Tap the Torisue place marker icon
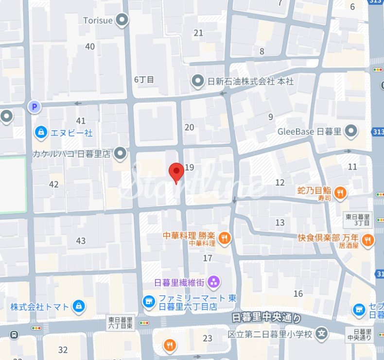[123, 20]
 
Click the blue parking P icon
[34, 106]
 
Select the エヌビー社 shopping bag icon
[41, 132]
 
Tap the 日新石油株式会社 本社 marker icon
[197, 82]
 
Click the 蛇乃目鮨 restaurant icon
[341, 192]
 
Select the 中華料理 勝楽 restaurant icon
[224, 238]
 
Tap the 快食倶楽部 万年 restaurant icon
[368, 239]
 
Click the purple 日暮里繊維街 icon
[213, 281]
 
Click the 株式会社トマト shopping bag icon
[78, 306]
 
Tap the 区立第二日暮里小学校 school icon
[321, 334]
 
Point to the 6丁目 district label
[144, 79]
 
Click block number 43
[81, 240]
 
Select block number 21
[198, 33]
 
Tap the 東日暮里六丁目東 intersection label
[120, 323]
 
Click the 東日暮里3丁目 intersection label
[358, 219]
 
